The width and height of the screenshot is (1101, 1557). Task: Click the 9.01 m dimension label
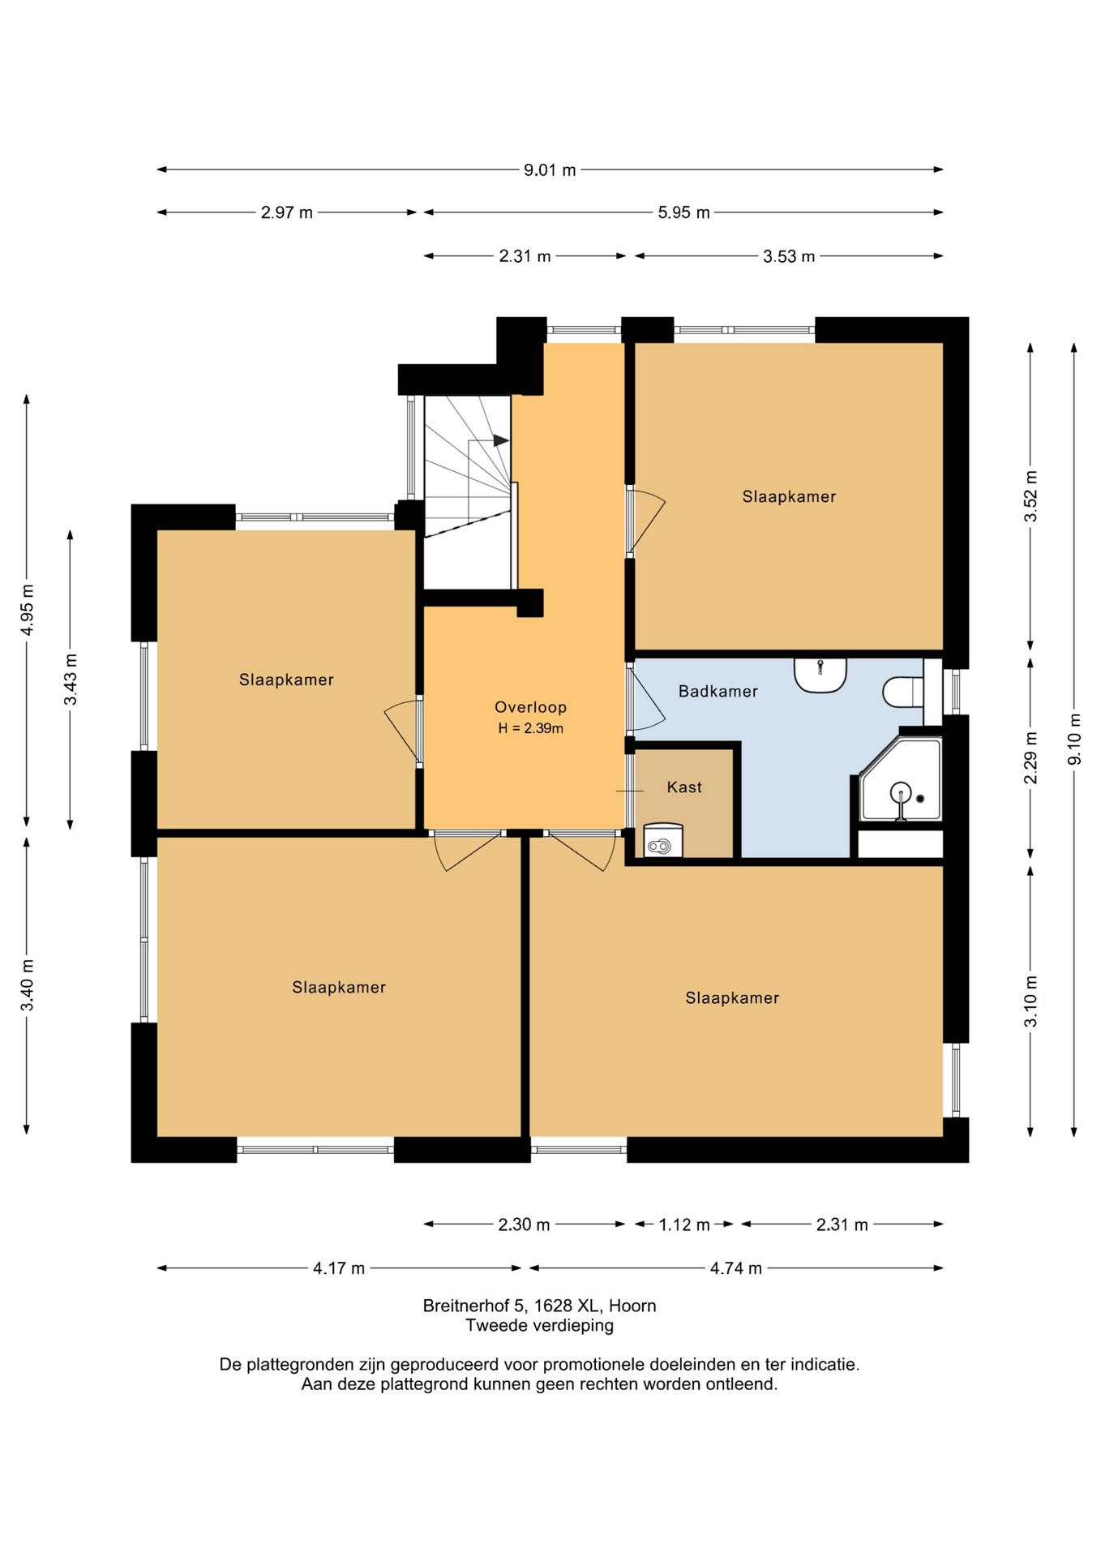[550, 170]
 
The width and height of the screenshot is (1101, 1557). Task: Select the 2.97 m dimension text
[286, 213]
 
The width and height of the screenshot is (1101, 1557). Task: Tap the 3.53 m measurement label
[789, 257]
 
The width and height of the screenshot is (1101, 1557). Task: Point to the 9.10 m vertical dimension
[1074, 738]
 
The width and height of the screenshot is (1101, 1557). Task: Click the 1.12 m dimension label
[684, 1225]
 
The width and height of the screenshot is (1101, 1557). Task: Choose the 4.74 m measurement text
[736, 1268]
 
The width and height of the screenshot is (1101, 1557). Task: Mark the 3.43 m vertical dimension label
[71, 679]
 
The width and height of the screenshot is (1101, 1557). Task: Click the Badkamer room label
[718, 692]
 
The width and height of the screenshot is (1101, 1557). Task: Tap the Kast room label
[684, 787]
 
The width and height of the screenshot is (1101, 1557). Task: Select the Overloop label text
[531, 707]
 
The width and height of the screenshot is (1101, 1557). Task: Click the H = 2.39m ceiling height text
[531, 728]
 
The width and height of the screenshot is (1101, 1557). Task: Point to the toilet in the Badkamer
[902, 692]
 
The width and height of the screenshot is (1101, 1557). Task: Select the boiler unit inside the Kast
[663, 841]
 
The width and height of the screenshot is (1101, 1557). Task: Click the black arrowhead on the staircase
[501, 440]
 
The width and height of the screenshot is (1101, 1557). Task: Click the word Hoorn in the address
[632, 1306]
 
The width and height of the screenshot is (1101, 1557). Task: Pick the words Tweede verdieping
[539, 1325]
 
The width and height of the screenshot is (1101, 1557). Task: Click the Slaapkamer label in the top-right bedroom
[789, 497]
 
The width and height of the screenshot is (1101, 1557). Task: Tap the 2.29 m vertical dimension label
[1030, 757]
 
